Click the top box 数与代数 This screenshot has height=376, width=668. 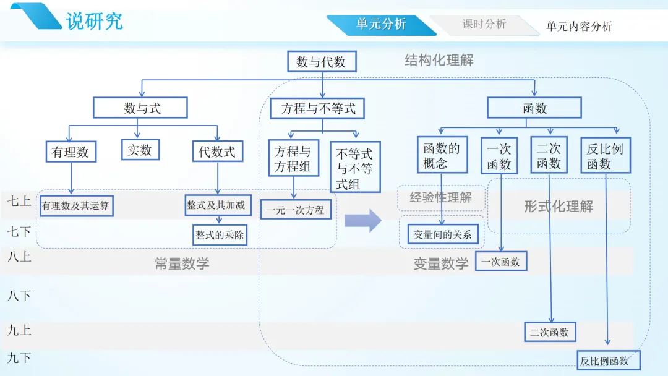click(322, 62)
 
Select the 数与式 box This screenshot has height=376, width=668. click(140, 108)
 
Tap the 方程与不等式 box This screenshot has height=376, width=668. click(317, 108)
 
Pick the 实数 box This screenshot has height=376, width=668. click(140, 150)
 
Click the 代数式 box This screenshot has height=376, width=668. click(217, 152)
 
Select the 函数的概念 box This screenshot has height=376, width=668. click(442, 155)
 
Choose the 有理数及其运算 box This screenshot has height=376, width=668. click(76, 206)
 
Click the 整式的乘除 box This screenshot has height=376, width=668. click(220, 235)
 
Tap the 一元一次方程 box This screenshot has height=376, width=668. click(296, 210)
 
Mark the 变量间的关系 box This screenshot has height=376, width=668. click(443, 234)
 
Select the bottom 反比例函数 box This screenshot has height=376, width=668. click(609, 361)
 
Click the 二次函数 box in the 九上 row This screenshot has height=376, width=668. click(550, 332)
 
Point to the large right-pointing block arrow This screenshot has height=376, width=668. click(363, 221)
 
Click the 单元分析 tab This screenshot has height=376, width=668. click(381, 24)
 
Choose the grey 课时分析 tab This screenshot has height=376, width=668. click(484, 24)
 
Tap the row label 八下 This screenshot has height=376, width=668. click(19, 296)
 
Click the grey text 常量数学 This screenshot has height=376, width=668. click(182, 263)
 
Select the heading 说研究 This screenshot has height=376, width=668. click(94, 21)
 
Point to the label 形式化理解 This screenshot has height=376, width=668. click(559, 207)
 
